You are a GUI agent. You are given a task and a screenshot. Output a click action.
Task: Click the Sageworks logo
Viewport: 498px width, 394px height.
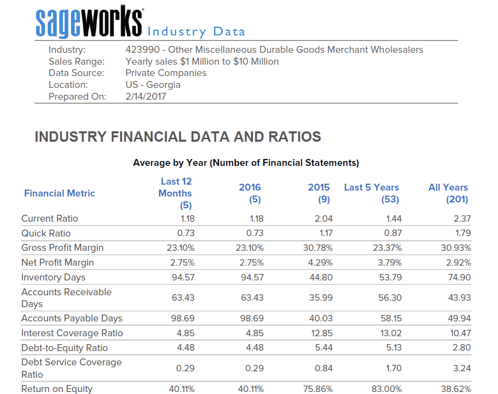[x=89, y=22]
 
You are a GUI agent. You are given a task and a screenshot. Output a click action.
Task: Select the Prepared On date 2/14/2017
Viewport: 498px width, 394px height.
[x=146, y=97]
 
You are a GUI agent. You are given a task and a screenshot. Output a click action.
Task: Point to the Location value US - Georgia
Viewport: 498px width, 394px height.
[x=153, y=85]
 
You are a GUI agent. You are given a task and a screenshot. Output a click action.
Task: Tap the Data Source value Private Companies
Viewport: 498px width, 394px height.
[x=166, y=73]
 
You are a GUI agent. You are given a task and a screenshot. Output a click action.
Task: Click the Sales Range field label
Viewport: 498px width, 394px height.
[x=77, y=62]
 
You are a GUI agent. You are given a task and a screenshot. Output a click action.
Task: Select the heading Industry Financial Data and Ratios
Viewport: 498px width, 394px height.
[x=178, y=137]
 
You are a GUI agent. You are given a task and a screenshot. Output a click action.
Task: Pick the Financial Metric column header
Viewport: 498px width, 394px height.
[x=59, y=193]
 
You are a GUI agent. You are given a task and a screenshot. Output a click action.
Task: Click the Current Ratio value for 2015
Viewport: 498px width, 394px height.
[x=324, y=219]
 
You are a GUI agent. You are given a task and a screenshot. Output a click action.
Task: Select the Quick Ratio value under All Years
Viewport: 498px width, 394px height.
[x=462, y=233]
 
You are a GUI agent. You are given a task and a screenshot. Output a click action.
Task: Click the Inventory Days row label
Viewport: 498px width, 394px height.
[x=53, y=277]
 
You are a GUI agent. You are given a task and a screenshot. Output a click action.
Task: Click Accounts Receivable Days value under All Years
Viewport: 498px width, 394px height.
[x=459, y=298]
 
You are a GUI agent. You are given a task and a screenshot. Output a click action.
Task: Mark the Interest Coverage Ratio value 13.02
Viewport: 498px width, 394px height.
[x=391, y=333]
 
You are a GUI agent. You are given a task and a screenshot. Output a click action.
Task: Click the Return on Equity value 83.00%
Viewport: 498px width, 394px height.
[x=386, y=389]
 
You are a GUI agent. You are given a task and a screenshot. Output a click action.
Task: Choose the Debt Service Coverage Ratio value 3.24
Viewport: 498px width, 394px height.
[x=462, y=368]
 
